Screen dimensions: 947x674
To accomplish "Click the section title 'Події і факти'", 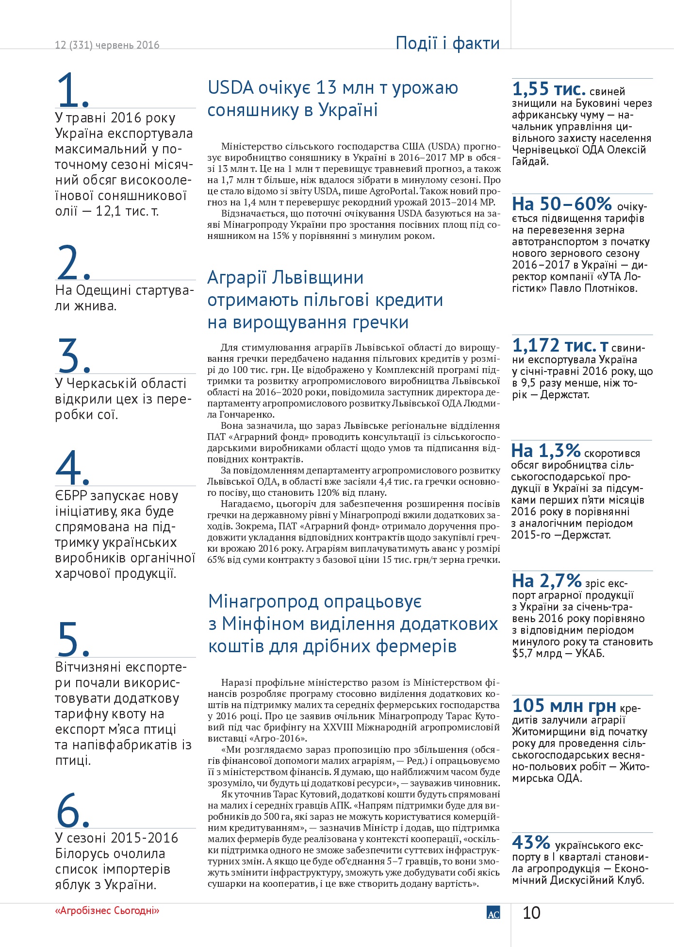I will tap(447, 43).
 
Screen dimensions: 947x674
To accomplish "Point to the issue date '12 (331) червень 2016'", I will tap(107, 45).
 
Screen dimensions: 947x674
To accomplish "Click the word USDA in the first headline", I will tap(231, 88).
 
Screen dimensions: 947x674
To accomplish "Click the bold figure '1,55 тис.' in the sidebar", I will tap(549, 89).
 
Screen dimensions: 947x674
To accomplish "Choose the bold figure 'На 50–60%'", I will tap(562, 204).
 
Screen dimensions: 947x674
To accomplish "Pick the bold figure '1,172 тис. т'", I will tap(560, 346).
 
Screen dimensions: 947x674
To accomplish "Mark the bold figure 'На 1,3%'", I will tap(546, 451).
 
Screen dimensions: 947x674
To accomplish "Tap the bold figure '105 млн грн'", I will tap(564, 706).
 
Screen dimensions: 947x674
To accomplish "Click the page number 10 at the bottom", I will tap(531, 913).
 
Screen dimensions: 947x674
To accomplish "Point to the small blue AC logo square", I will tap(493, 913).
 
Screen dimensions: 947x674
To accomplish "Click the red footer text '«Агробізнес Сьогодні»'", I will tap(107, 911).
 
